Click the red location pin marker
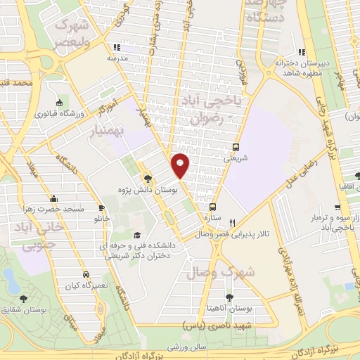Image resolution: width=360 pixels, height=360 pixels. tap(181, 165)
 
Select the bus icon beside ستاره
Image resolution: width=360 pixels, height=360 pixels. tap(212, 207)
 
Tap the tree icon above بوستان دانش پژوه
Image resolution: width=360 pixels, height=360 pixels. tap(148, 179)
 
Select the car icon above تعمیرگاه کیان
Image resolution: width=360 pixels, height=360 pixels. tap(84, 274)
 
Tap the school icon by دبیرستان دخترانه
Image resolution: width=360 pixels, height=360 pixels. tap(302, 51)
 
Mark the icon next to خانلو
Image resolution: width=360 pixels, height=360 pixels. tap(102, 208)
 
